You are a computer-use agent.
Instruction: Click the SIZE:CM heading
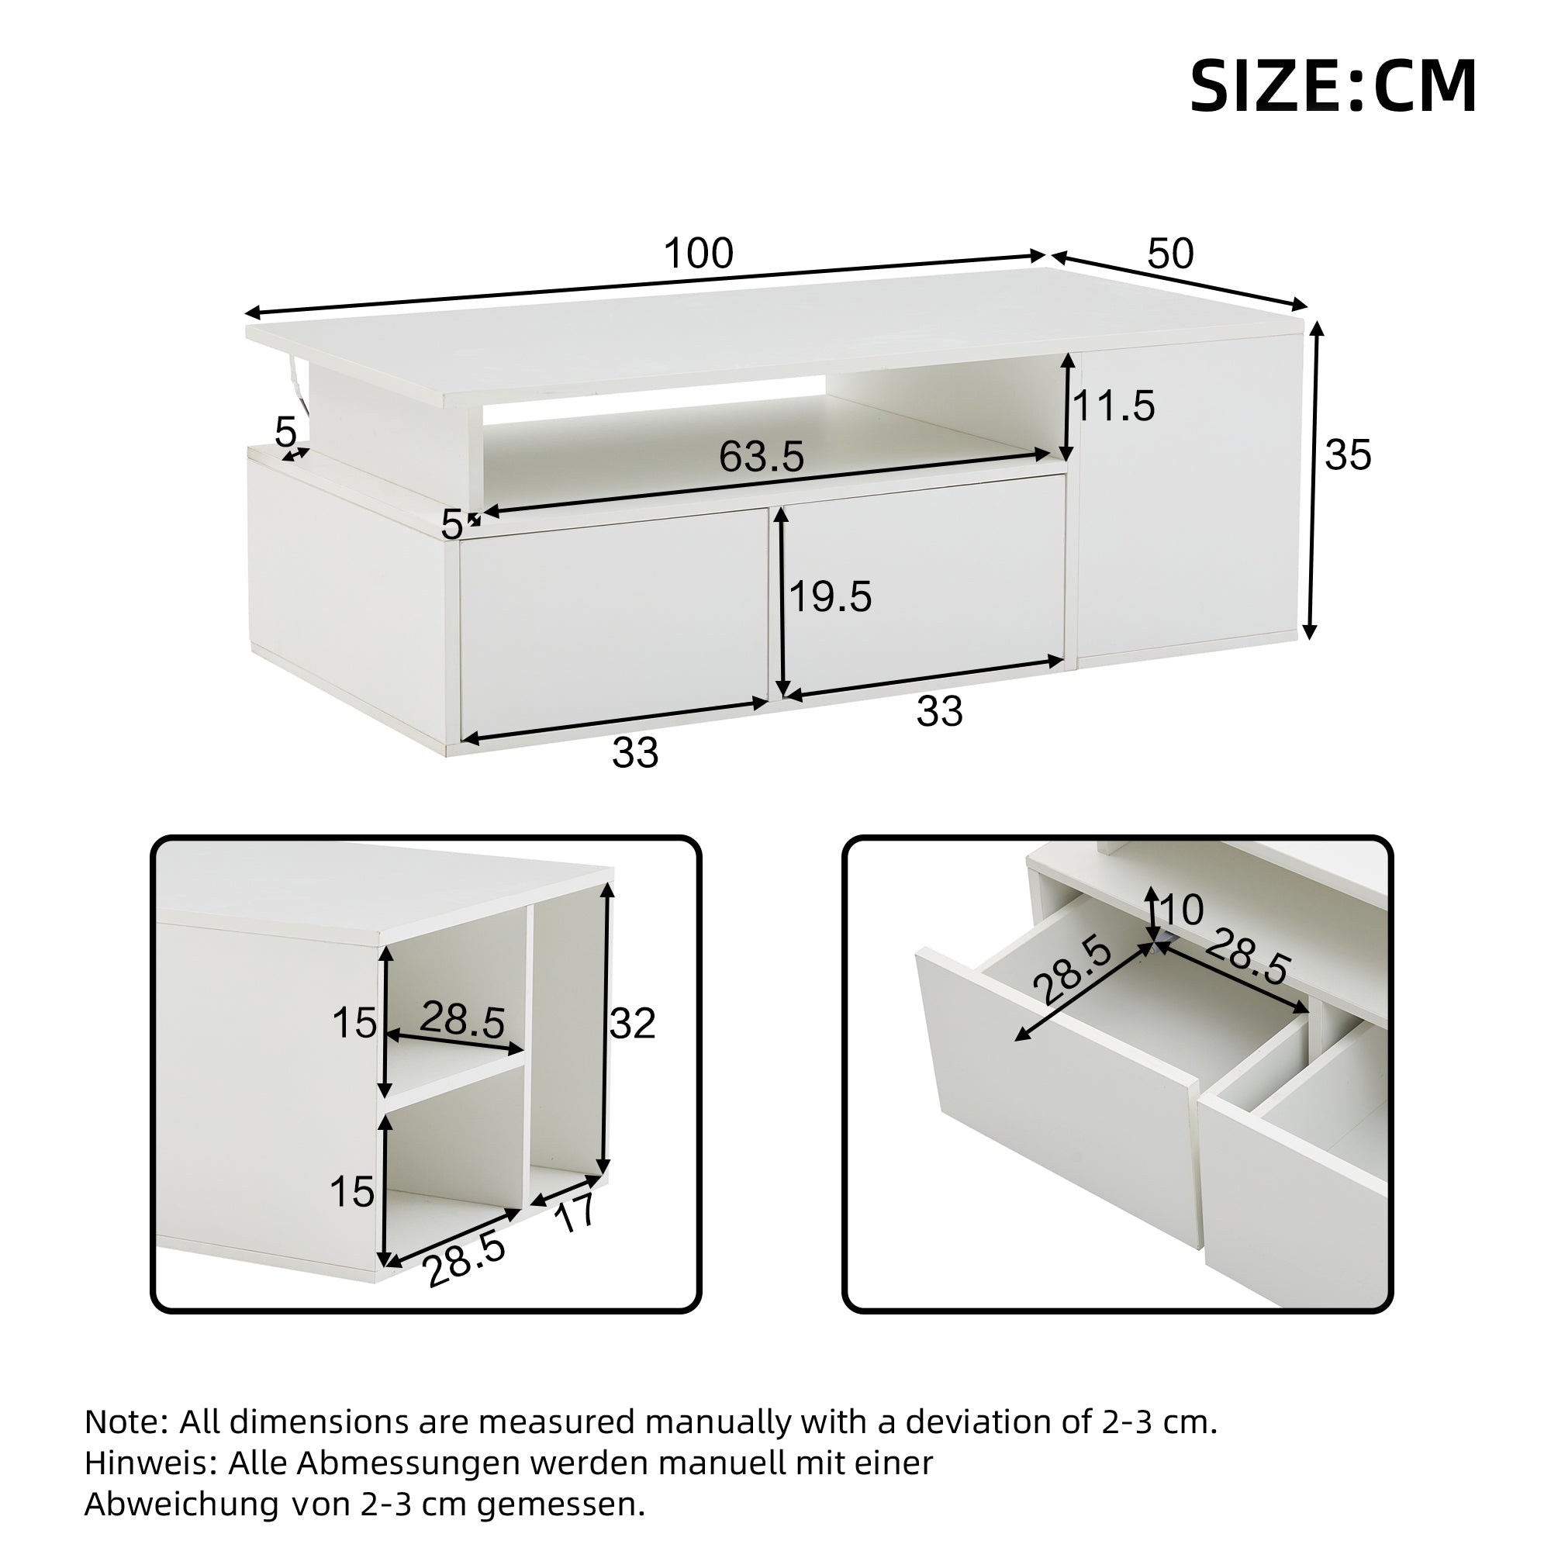click(1332, 87)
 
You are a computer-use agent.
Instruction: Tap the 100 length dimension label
click(699, 254)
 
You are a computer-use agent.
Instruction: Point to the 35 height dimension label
click(1348, 455)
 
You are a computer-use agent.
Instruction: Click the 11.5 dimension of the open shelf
click(1114, 406)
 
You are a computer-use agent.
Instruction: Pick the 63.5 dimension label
click(761, 457)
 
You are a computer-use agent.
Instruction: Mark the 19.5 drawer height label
click(830, 597)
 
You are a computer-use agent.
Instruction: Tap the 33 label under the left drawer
click(635, 753)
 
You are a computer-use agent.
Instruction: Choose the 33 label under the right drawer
click(939, 711)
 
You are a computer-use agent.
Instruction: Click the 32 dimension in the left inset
click(633, 1024)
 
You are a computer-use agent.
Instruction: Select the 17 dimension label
click(575, 1213)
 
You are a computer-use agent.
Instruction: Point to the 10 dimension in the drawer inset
click(1181, 910)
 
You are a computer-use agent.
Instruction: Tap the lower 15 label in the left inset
click(351, 1192)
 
